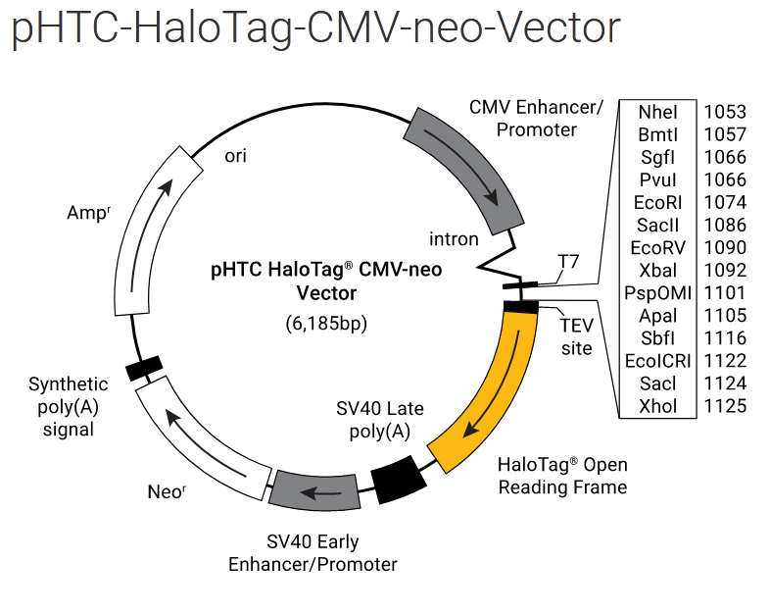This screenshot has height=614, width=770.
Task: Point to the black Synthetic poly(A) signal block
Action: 144,367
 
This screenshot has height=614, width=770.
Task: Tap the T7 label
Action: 569,261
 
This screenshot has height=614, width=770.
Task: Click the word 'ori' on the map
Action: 236,155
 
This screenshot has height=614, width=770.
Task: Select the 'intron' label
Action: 454,238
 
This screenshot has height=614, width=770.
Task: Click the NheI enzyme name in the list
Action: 657,112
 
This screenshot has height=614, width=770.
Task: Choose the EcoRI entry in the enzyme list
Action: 657,202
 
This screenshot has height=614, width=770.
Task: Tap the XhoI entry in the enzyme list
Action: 657,406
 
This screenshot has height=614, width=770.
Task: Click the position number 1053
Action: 725,112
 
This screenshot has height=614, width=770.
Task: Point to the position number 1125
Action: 725,406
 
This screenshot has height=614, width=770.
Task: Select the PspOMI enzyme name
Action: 657,292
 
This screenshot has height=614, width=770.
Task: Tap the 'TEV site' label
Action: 576,335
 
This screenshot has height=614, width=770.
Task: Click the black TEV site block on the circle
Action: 520,307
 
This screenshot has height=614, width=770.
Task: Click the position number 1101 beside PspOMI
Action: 725,292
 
